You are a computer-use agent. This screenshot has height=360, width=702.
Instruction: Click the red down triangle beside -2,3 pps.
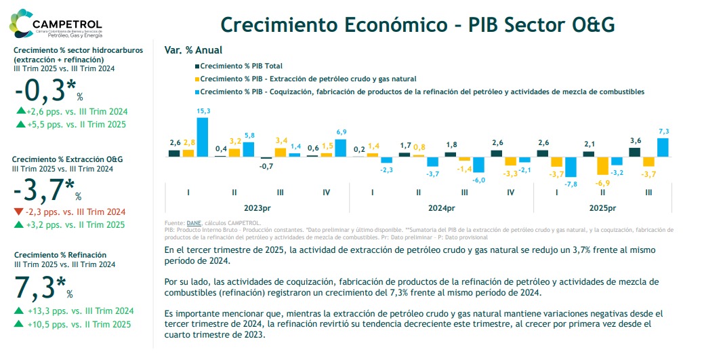18,212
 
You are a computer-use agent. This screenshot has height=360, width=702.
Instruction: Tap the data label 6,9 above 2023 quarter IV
341,132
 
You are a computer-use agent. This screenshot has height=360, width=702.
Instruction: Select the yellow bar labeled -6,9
602,166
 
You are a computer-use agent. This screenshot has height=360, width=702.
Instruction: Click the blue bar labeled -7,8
571,167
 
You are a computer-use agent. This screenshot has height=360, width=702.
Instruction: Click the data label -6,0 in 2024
478,180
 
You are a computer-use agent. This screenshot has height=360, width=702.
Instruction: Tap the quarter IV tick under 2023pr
326,193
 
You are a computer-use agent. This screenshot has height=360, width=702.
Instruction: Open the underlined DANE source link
194,222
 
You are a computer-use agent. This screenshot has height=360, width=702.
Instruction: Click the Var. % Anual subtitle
193,50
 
